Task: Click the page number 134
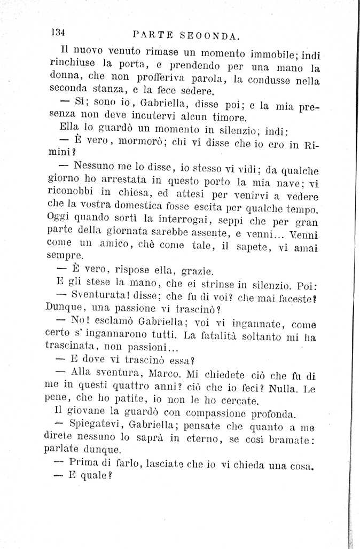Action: [x=58, y=32]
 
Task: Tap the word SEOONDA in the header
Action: [x=210, y=36]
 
